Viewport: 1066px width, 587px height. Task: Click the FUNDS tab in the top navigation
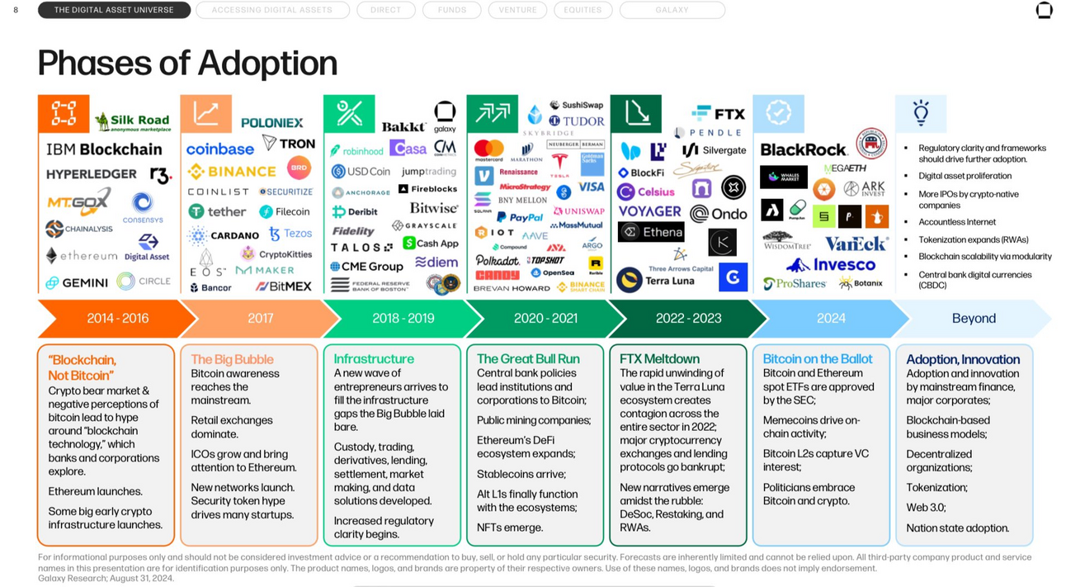point(451,10)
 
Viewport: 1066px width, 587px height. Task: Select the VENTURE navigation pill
point(517,10)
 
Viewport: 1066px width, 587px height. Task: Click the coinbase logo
point(219,149)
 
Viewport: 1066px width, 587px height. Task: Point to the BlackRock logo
point(803,149)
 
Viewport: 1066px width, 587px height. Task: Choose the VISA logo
point(591,187)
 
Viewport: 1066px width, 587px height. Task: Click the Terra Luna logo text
point(669,281)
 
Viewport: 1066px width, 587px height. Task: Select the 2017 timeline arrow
point(260,319)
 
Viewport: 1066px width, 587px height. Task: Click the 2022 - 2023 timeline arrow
point(688,319)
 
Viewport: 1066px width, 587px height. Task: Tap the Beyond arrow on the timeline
point(974,319)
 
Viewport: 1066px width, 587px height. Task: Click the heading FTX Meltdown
point(659,359)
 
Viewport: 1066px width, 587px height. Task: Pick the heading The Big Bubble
point(232,359)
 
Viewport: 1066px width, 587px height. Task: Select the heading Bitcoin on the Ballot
point(818,359)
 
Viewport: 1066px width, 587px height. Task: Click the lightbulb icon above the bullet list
point(921,113)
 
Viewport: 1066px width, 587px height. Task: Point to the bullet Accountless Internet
point(957,222)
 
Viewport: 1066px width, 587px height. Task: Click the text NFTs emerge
point(509,528)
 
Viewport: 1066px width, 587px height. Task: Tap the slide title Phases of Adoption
point(187,63)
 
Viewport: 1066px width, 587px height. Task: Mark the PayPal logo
point(519,217)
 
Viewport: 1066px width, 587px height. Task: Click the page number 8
point(16,10)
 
